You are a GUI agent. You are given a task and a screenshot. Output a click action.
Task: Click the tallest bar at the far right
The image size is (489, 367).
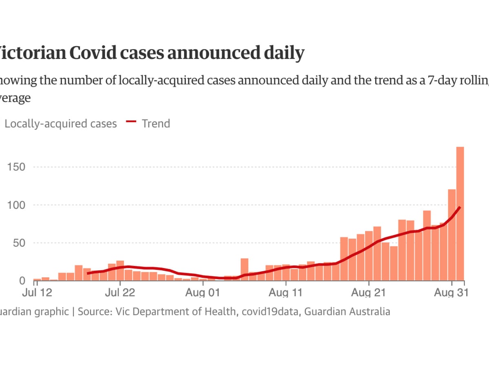[460, 214]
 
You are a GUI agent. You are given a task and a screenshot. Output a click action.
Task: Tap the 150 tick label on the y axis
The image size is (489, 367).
[16, 167]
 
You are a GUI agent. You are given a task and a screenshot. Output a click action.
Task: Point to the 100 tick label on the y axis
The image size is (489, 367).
[16, 205]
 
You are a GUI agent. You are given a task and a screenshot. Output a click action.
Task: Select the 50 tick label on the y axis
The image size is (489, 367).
[19, 243]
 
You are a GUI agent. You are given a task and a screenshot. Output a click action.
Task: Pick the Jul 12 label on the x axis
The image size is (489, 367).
[37, 293]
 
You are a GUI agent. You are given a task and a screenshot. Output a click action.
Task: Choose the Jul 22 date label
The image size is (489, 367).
[120, 293]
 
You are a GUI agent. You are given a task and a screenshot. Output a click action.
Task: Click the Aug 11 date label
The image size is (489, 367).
[286, 293]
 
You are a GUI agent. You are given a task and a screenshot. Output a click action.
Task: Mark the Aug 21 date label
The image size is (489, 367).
[369, 293]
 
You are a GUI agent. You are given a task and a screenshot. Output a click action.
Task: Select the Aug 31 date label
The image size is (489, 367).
[452, 293]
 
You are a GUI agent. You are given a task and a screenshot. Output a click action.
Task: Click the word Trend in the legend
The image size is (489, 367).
[156, 124]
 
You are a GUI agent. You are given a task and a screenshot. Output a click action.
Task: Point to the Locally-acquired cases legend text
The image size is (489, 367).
[61, 124]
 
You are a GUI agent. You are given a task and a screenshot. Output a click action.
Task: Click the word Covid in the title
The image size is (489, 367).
[109, 53]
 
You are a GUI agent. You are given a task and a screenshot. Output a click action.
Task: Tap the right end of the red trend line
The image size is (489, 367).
[460, 208]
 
